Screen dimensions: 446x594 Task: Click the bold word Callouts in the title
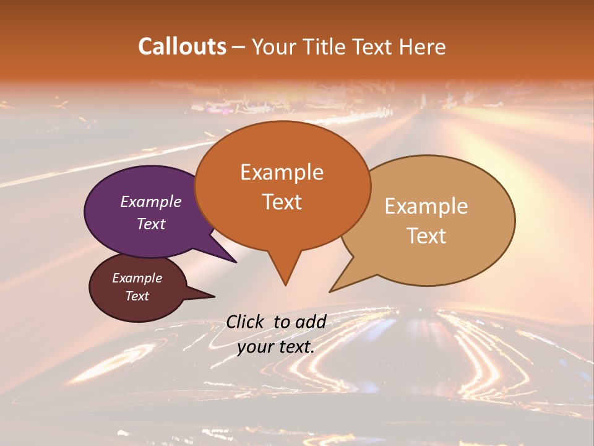point(182,46)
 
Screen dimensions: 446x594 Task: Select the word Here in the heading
point(423,46)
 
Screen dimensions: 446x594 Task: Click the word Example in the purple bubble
point(150,201)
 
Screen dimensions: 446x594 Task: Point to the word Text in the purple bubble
point(150,224)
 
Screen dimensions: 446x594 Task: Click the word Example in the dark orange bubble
point(282,172)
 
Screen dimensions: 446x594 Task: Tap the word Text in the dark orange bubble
point(282,202)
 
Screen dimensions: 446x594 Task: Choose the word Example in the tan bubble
point(426,206)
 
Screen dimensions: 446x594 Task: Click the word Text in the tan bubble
point(426,236)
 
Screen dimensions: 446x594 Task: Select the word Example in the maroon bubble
point(137,278)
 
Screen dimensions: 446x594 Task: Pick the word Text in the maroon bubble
point(137,296)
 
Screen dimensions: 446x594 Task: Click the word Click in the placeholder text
point(245,321)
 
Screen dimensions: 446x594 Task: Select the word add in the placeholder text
point(311,321)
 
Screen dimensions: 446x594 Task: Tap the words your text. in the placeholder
point(276,347)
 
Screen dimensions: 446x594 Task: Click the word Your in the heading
point(273,46)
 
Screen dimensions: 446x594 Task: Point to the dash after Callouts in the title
point(238,47)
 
